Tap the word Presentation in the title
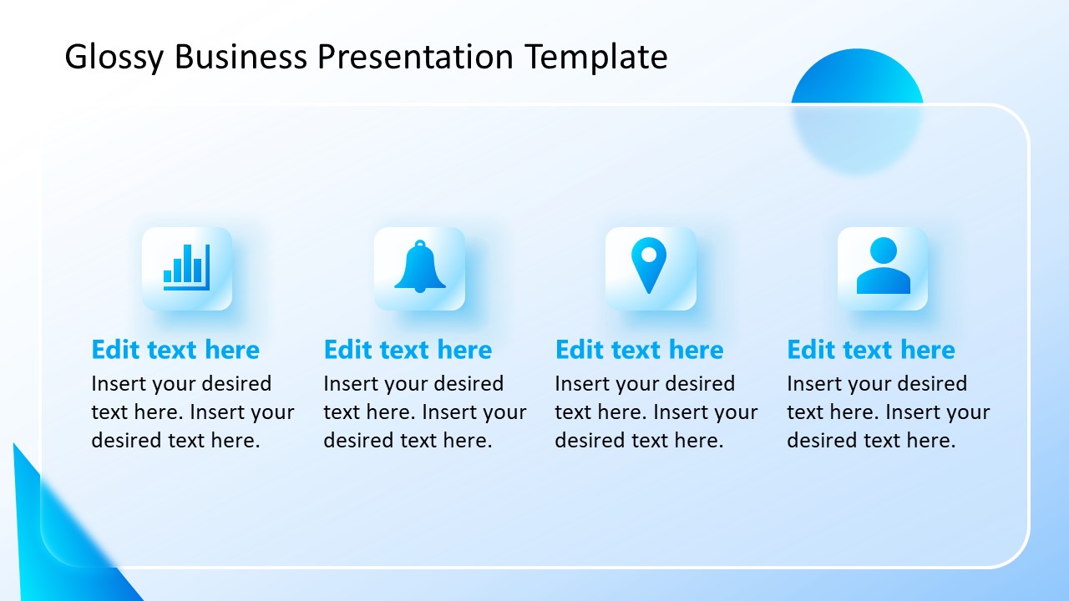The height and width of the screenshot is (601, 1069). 414,58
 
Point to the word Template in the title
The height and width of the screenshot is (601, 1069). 596,58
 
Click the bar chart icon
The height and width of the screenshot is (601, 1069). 187,268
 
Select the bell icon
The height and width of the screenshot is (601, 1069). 419,268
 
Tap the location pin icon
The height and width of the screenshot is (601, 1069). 650,266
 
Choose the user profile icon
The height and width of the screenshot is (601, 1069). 883,267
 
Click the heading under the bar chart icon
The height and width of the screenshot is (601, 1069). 175,350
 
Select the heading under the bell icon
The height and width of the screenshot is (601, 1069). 408,350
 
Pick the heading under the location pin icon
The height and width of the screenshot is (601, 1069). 639,350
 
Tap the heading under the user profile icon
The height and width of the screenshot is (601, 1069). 871,350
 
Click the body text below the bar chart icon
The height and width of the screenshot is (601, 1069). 192,412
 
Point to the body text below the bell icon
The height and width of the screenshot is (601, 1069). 424,412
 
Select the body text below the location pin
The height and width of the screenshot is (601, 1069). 656,412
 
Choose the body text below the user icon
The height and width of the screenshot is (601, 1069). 888,412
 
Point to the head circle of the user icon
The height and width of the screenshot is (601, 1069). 883,250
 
